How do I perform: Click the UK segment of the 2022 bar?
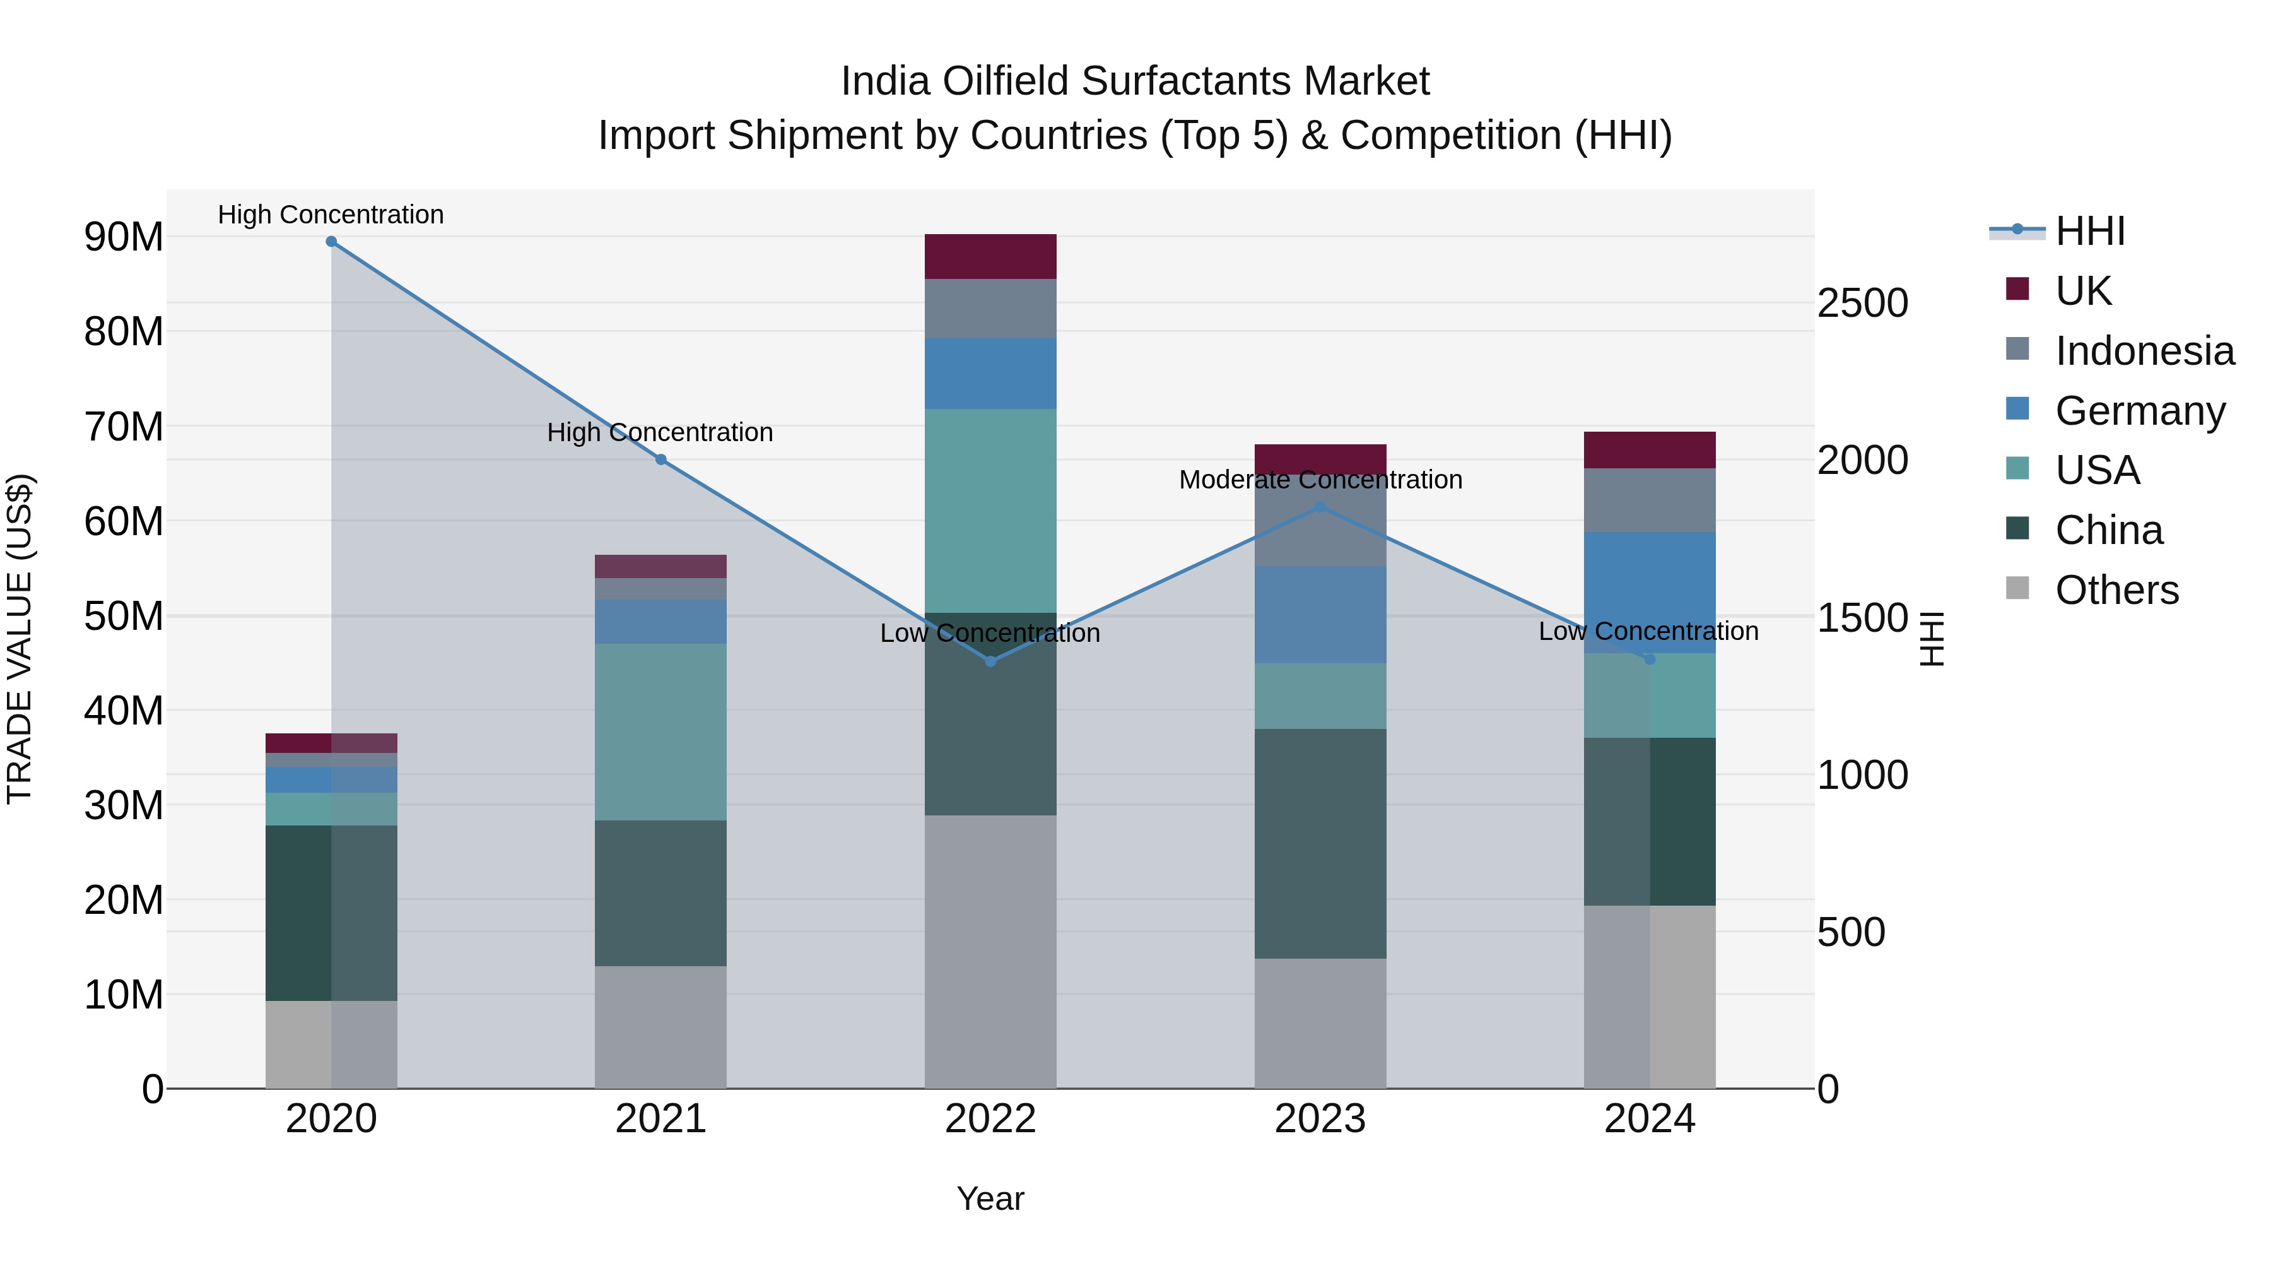point(990,257)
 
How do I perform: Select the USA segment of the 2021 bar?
point(660,732)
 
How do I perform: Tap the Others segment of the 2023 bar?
point(1320,1023)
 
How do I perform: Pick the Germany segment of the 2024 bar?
point(1650,593)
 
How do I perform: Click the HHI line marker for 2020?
point(331,242)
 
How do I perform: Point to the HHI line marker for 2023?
point(1320,507)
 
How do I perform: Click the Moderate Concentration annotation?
point(1320,480)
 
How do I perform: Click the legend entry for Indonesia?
point(2144,351)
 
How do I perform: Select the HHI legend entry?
point(2089,231)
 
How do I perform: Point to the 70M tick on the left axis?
point(124,427)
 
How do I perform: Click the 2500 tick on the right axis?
point(1862,304)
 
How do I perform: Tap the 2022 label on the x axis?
point(990,1119)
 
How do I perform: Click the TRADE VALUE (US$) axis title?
point(20,639)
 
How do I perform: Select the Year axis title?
point(990,1198)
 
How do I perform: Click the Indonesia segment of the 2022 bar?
point(990,309)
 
